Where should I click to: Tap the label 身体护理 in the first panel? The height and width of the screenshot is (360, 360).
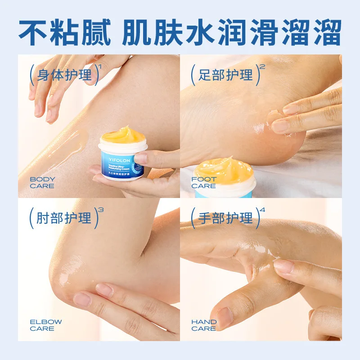[64, 75]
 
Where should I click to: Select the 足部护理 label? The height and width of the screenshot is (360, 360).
[225, 75]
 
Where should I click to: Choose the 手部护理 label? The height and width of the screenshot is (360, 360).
[225, 218]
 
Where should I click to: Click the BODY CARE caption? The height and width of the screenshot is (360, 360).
[42, 182]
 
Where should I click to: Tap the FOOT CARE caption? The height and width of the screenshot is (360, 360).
[204, 182]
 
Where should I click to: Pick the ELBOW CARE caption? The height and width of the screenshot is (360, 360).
[46, 325]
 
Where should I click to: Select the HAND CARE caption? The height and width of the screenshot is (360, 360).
[204, 325]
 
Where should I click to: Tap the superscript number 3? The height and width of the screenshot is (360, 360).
[100, 210]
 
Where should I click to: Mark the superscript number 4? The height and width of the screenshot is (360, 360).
[262, 210]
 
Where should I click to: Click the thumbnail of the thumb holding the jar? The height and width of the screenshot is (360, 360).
[141, 158]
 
